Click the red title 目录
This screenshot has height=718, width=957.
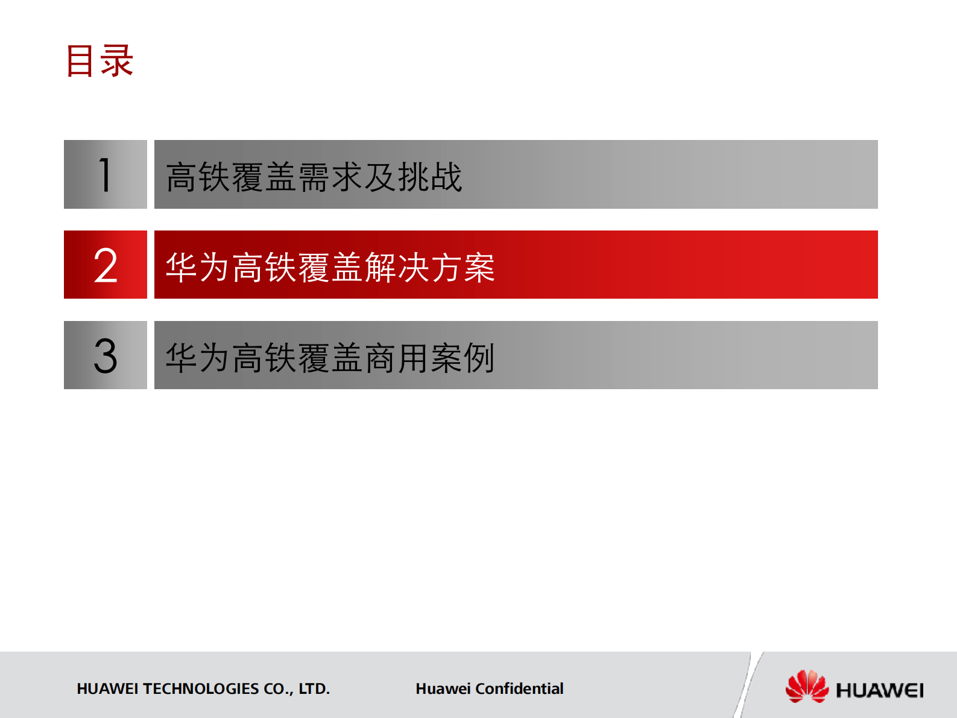click(99, 61)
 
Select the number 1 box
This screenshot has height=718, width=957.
click(106, 174)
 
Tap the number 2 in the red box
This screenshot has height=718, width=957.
click(106, 265)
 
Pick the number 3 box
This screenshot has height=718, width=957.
click(106, 355)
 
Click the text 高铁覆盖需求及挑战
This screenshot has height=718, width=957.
click(314, 177)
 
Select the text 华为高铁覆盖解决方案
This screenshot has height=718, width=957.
click(330, 267)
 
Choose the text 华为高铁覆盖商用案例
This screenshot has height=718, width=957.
click(330, 358)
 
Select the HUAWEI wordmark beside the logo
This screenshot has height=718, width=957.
click(879, 690)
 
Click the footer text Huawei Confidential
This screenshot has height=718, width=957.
click(489, 688)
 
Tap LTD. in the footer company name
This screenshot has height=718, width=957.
click(314, 688)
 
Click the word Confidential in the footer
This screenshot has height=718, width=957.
click(519, 688)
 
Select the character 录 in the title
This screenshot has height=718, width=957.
click(117, 61)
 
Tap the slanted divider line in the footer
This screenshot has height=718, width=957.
click(748, 685)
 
